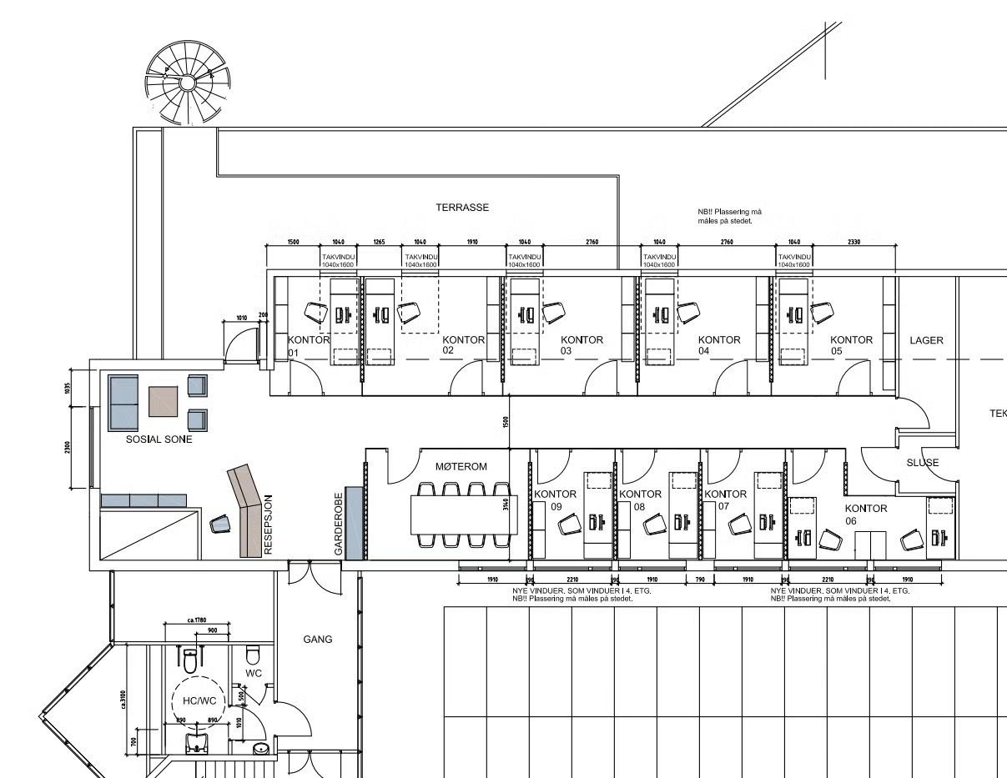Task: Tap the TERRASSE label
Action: pyautogui.click(x=462, y=208)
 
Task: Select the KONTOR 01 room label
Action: pyautogui.click(x=308, y=345)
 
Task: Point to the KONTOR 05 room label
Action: pyautogui.click(x=850, y=345)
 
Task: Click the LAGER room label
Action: pyautogui.click(x=926, y=340)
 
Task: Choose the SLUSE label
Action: pyautogui.click(x=922, y=462)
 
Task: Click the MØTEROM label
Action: pyautogui.click(x=461, y=467)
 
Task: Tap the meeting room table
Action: pyautogui.click(x=464, y=515)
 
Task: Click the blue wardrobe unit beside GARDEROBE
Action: pyautogui.click(x=355, y=523)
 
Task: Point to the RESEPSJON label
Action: pyautogui.click(x=269, y=524)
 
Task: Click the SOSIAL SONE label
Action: pyautogui.click(x=159, y=439)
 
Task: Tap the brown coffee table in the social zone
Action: pyautogui.click(x=164, y=401)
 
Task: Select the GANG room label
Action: pyautogui.click(x=318, y=640)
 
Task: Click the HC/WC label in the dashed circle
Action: pyautogui.click(x=199, y=700)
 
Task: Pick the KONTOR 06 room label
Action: pyautogui.click(x=865, y=514)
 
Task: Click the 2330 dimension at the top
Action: pyautogui.click(x=854, y=242)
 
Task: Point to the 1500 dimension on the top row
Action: pyautogui.click(x=293, y=242)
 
